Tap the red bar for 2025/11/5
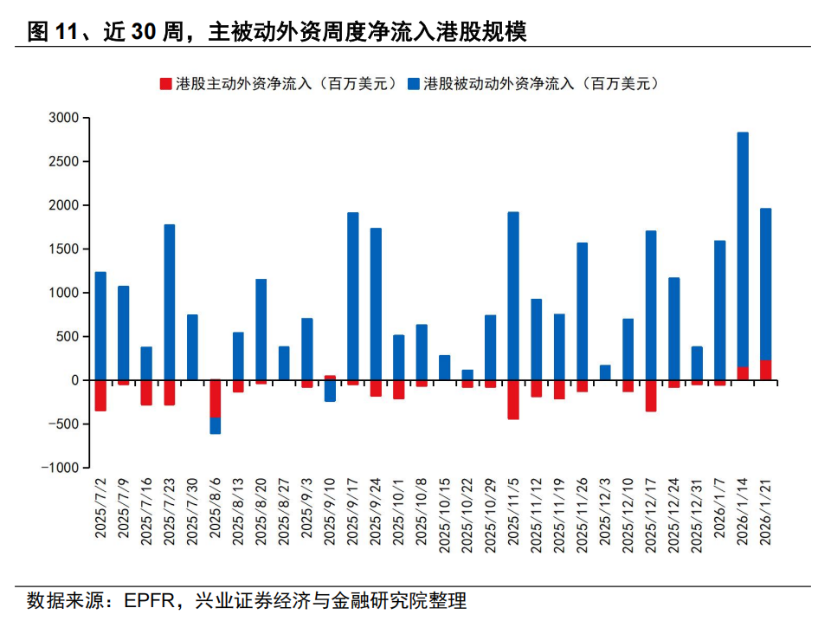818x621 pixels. click(x=513, y=399)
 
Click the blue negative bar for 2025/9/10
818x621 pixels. click(x=330, y=391)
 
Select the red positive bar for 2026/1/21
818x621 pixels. click(x=765, y=370)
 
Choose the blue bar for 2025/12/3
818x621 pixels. click(x=605, y=372)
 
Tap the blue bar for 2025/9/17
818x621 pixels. click(x=353, y=295)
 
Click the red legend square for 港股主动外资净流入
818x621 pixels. click(x=165, y=84)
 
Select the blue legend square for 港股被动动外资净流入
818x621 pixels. click(x=413, y=84)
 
